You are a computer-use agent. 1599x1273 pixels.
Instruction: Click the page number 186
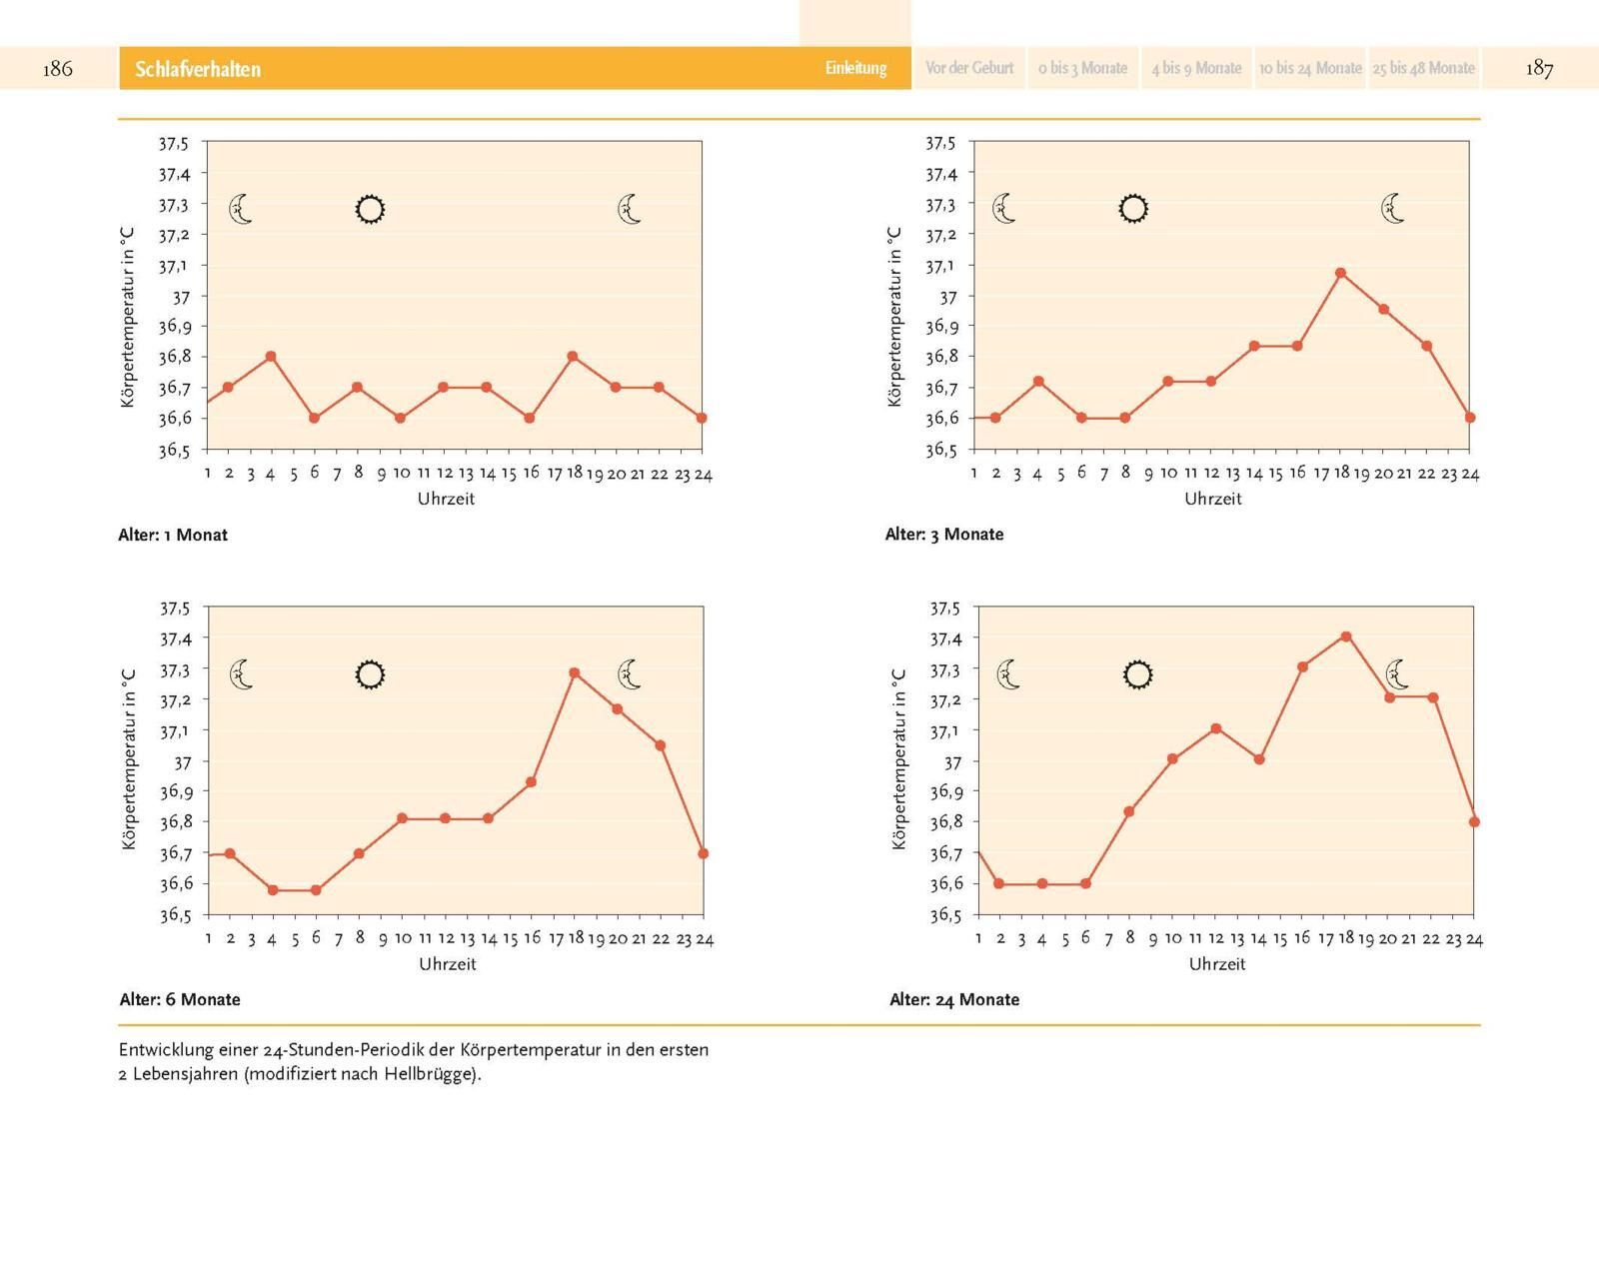58,68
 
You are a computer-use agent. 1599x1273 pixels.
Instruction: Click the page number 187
1539,68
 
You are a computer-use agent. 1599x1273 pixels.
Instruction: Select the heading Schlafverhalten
198,69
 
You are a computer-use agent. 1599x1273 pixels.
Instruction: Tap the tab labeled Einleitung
855,68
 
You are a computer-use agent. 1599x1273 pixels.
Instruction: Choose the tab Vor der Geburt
969,68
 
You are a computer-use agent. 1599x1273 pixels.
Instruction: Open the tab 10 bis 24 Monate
1310,68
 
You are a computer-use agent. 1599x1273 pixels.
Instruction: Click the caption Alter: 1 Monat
173,535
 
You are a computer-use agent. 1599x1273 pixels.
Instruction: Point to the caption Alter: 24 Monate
954,999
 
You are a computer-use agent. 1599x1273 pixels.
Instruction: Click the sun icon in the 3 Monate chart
1133,209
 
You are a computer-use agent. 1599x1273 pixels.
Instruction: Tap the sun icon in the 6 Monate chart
370,674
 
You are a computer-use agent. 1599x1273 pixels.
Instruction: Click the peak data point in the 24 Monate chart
1346,636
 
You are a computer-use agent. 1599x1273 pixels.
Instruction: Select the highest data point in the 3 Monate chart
1341,273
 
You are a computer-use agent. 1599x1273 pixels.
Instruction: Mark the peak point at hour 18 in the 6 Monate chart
575,673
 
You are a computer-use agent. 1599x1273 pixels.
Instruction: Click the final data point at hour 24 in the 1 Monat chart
702,418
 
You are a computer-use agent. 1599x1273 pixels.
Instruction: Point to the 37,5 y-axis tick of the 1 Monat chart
173,143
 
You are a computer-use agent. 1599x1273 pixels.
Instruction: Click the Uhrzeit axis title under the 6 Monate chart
447,964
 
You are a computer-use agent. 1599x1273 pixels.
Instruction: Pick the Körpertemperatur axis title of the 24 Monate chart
898,759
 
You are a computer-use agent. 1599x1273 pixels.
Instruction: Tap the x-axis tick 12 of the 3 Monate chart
1211,474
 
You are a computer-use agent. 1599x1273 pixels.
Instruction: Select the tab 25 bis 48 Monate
1423,68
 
